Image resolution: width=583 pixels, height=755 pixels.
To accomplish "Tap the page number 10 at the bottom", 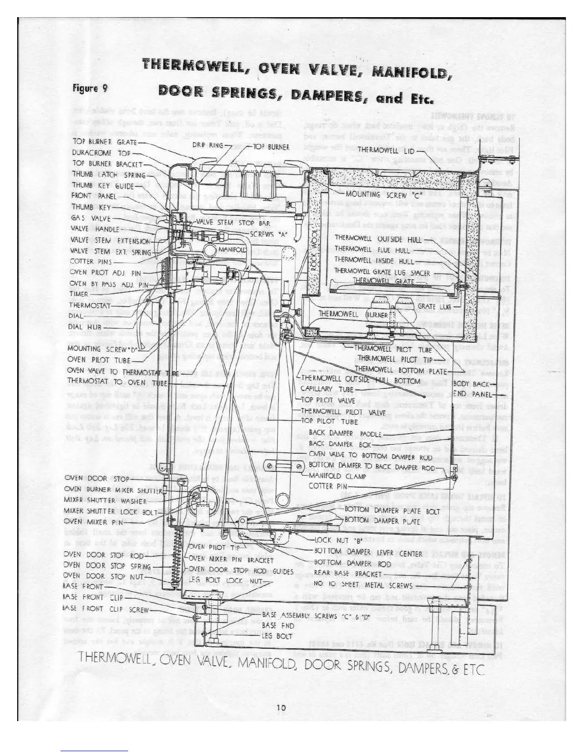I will [x=281, y=708].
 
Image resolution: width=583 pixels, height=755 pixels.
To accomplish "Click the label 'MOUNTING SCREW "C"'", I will [x=377, y=194].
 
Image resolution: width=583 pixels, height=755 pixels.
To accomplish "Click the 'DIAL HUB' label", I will [x=85, y=327].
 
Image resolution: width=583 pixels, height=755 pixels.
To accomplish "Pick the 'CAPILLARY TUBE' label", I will [x=327, y=389].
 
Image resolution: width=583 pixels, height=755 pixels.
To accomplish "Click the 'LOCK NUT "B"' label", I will [x=338, y=541].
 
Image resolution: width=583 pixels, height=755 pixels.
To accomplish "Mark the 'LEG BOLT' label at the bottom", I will [x=277, y=636].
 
